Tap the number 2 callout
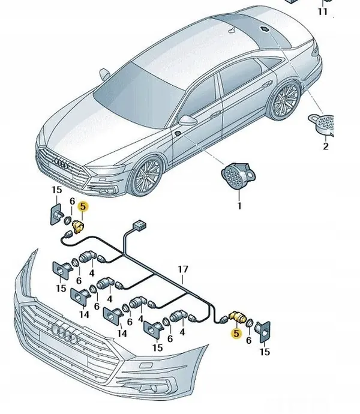point(326,146)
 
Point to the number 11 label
point(323,11)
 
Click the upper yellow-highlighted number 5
point(83,206)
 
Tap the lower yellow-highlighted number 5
point(236,332)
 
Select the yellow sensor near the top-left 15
point(79,226)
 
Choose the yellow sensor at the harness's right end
point(236,317)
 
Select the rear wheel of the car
point(285,100)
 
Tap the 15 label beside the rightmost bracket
point(265,352)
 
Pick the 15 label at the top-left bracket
point(56,190)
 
